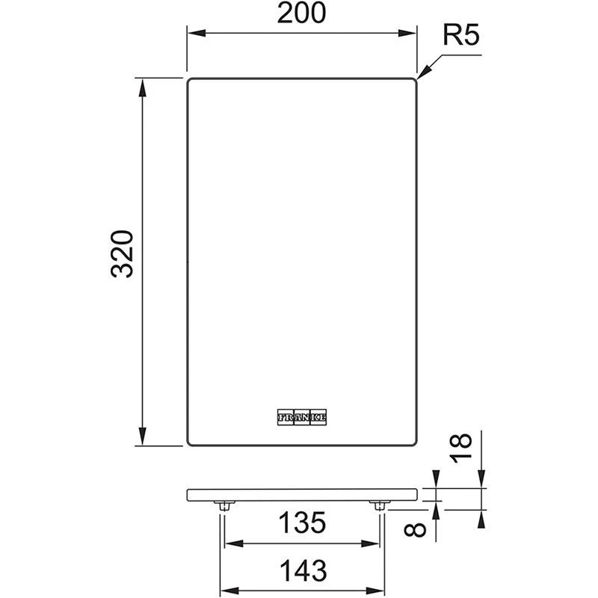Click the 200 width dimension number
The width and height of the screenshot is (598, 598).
click(301, 14)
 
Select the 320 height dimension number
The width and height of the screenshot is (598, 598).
click(122, 254)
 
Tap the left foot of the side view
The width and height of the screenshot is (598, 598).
click(223, 506)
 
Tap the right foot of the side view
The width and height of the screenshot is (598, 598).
click(379, 506)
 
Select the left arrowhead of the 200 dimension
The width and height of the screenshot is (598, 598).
click(192, 32)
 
